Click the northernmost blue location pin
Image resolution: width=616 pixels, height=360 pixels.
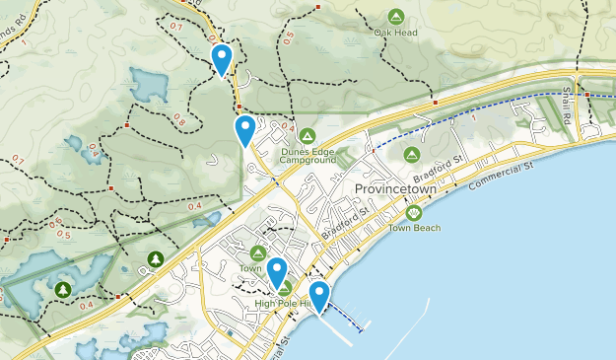click(223, 57)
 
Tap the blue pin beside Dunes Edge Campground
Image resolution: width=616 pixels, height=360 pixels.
click(244, 128)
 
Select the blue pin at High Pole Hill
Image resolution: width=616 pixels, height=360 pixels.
click(277, 271)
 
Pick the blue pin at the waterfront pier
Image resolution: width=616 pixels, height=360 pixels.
click(319, 295)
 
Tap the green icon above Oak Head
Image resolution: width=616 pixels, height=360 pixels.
click(395, 16)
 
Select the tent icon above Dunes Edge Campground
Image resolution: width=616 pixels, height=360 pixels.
click(308, 135)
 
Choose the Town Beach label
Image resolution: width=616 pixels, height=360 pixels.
click(413, 228)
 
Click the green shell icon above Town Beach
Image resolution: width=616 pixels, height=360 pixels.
click(414, 212)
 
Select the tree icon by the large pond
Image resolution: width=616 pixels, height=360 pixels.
click(63, 289)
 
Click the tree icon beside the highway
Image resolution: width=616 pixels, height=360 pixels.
click(155, 259)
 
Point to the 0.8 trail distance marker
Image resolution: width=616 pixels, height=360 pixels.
click(178, 119)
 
